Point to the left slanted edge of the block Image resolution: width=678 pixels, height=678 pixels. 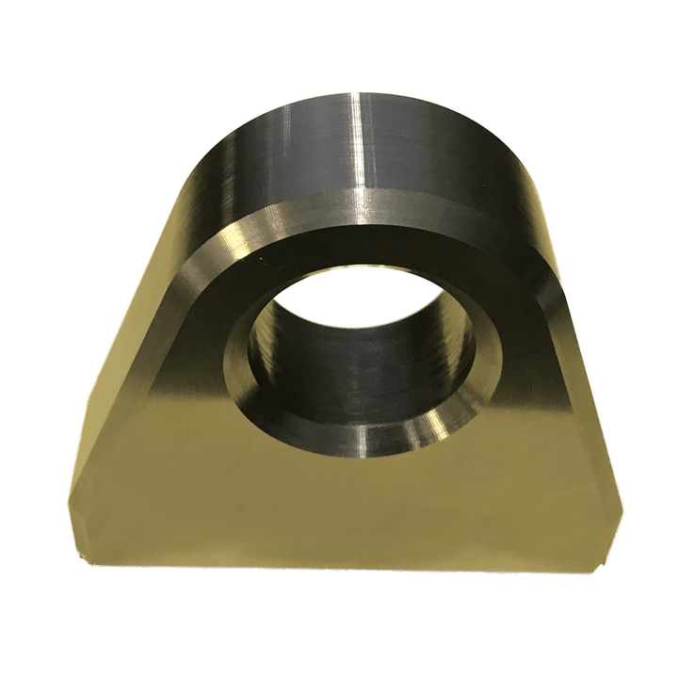click(113, 377)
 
